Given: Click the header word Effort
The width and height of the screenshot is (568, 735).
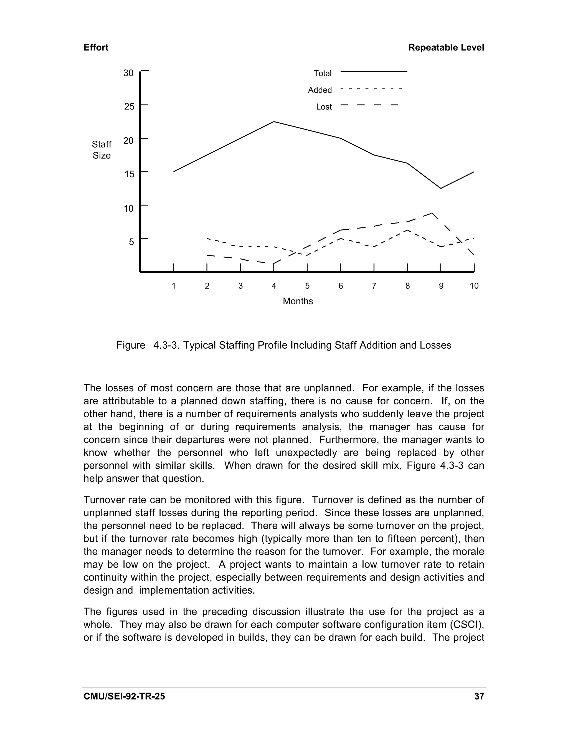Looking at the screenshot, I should (96, 47).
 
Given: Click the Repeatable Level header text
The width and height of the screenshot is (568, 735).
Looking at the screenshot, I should (446, 47).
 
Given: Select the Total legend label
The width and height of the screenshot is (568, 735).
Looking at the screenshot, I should (322, 73).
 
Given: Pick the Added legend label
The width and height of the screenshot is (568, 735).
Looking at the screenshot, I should (320, 90).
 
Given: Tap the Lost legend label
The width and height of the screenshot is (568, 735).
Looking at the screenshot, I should (324, 107).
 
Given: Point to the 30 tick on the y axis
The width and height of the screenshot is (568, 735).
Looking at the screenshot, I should (128, 73).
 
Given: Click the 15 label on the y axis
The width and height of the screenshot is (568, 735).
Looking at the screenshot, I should (129, 174).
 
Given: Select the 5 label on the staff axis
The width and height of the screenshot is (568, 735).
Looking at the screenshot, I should (131, 242).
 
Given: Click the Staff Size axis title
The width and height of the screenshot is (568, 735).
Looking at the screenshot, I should (101, 150).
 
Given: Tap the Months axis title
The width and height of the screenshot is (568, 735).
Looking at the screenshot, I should (298, 301).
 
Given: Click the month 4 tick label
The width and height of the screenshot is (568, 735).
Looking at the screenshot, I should (274, 286).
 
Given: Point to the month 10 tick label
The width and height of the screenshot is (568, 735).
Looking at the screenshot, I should (474, 286).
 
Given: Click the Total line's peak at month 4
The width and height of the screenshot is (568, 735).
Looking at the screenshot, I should (274, 122).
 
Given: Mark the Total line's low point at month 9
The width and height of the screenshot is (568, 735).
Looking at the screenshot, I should (441, 188).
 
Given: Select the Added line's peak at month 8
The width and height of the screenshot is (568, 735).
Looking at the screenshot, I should (407, 230).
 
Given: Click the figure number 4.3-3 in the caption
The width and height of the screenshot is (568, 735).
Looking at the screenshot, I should (167, 345).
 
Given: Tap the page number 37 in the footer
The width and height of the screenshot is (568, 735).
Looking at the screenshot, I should (479, 696).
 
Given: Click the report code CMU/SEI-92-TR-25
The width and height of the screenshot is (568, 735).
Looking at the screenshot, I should (124, 696).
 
